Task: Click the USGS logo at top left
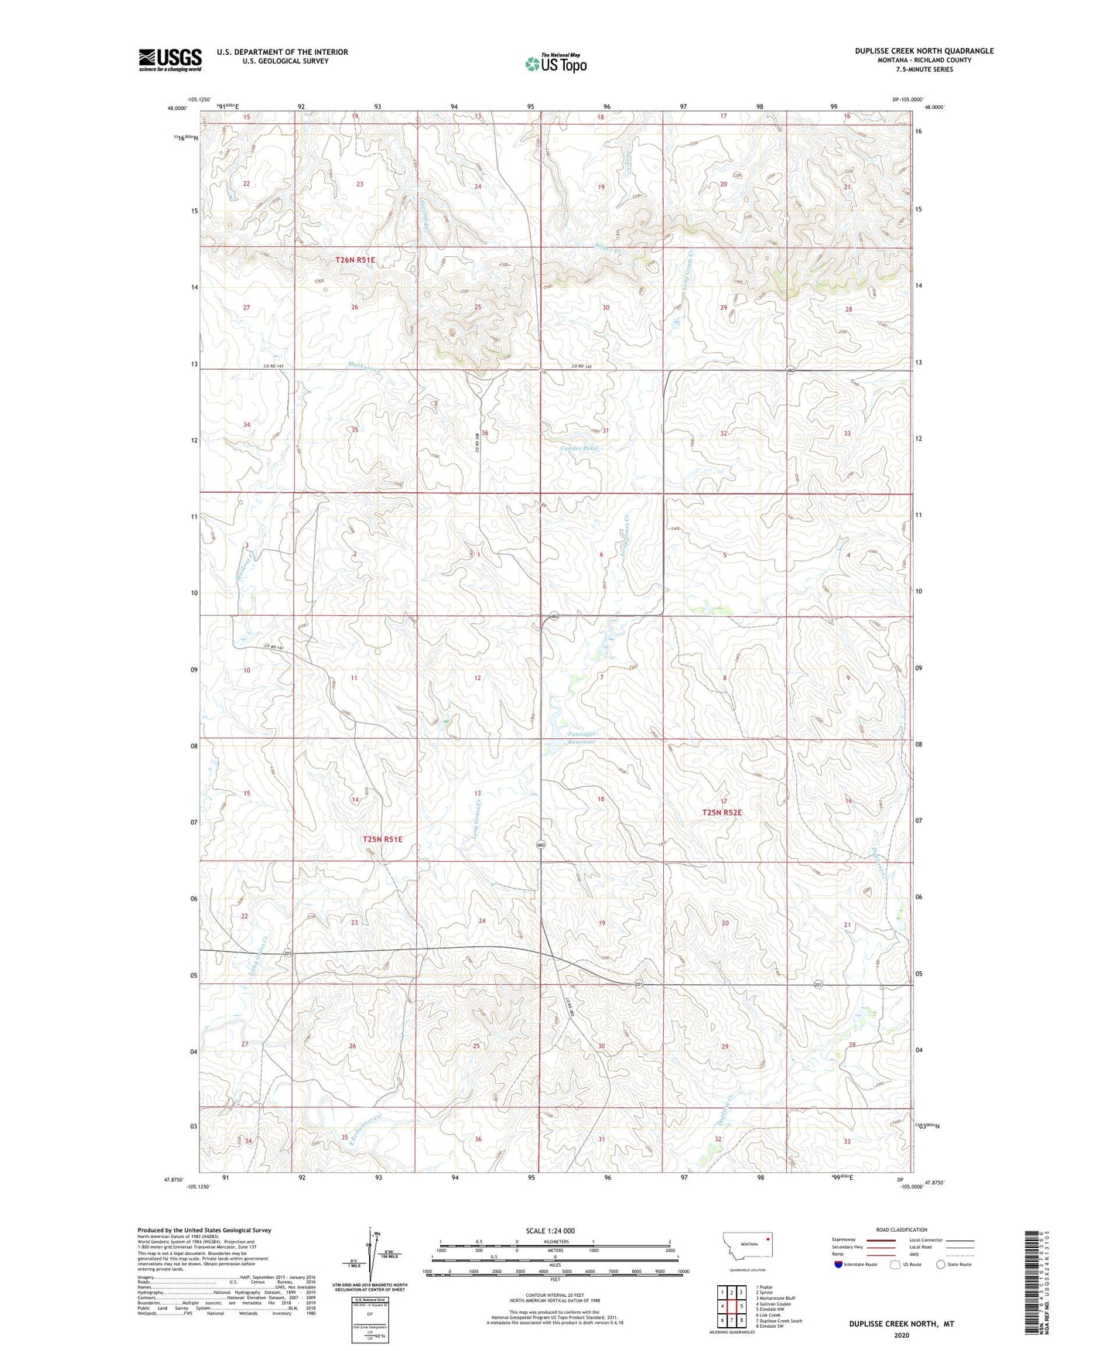tap(169, 60)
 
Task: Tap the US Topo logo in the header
tap(555, 63)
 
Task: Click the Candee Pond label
tap(580, 449)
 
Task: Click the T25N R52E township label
tap(721, 812)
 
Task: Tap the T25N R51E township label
tap(382, 839)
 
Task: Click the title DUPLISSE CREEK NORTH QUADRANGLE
tap(924, 51)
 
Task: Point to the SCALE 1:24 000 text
tap(549, 1231)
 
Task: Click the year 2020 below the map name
tap(901, 1336)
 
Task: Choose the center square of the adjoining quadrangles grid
tap(731, 1306)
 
